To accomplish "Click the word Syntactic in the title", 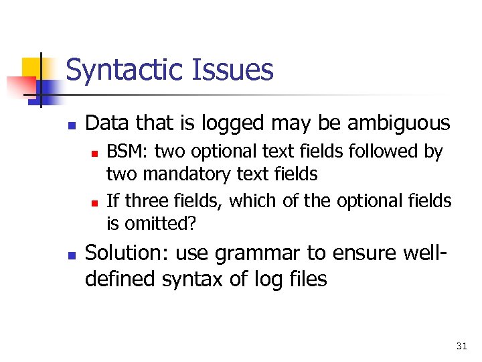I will tap(123, 70).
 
